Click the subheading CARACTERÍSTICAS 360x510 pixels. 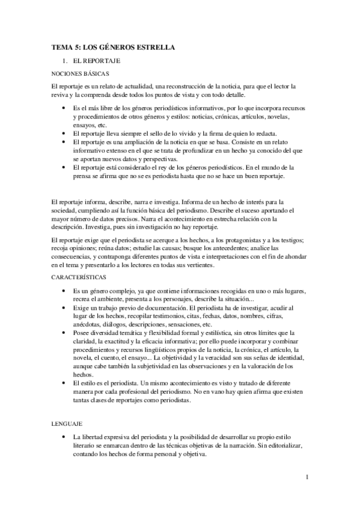(79, 260)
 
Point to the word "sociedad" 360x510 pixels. (66, 211)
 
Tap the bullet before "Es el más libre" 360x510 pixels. (64, 107)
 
